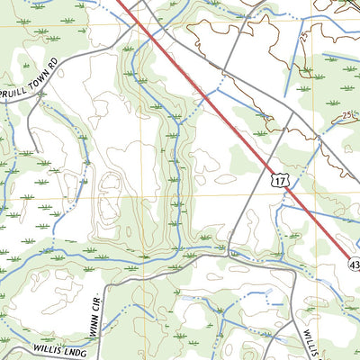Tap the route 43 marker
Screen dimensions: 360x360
pos(353,262)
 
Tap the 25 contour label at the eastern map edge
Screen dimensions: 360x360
pos(349,116)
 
